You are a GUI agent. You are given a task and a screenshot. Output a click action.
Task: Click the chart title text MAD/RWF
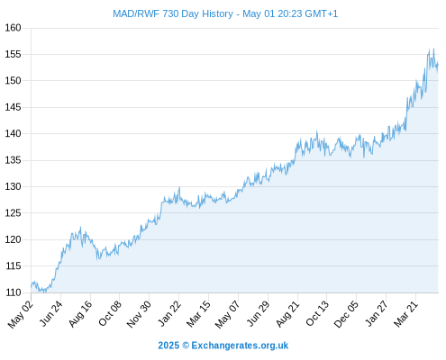click(136, 13)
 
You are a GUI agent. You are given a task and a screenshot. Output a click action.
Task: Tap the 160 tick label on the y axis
click(14, 28)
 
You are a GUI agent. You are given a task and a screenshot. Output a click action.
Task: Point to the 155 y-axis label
click(14, 54)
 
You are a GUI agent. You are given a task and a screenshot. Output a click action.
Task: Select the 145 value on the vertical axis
click(14, 107)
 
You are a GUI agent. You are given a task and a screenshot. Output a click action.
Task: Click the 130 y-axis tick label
click(14, 186)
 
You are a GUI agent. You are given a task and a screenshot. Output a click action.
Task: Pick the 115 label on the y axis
click(14, 265)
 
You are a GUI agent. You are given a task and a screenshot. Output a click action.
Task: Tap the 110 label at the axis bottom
click(14, 292)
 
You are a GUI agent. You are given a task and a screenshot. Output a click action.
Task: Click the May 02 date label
click(21, 314)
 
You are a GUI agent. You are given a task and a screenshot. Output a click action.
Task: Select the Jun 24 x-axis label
click(51, 313)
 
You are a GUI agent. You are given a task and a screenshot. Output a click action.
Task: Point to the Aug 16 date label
click(80, 313)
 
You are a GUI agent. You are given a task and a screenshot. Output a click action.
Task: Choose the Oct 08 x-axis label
click(110, 313)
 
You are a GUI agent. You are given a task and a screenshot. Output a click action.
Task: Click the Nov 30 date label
click(139, 314)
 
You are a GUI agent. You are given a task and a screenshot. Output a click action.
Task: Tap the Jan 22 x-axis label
click(169, 313)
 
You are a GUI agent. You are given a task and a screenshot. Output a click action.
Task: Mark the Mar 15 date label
click(198, 314)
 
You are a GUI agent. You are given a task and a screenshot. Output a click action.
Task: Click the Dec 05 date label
click(347, 314)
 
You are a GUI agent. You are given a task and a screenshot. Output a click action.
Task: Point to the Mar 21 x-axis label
click(406, 314)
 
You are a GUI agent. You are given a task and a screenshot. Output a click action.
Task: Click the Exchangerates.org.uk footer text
click(240, 346)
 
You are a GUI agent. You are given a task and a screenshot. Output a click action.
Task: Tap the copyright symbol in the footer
click(186, 346)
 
